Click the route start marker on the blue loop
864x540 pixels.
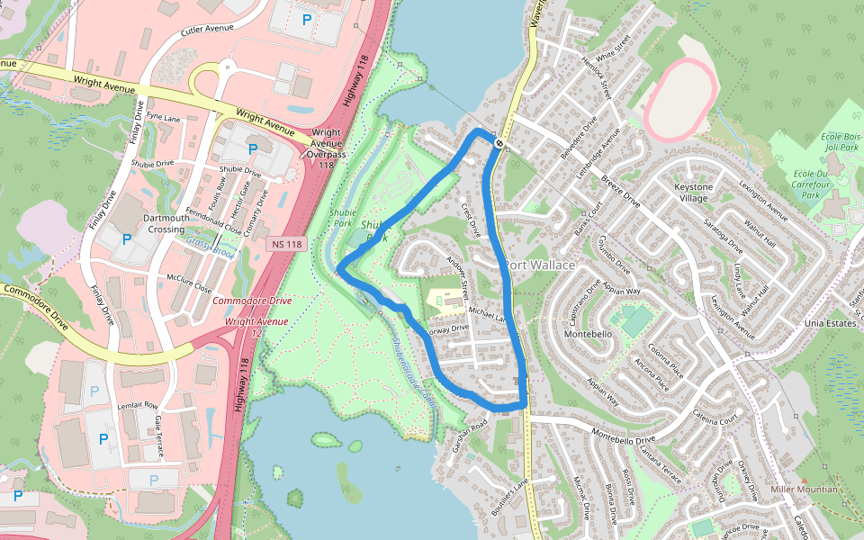click(499, 143)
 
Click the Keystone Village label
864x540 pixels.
click(692, 192)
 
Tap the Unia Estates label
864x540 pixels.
click(804, 323)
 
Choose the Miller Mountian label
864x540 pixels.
click(804, 490)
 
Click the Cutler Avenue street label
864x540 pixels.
click(207, 30)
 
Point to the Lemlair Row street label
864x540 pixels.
click(138, 406)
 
